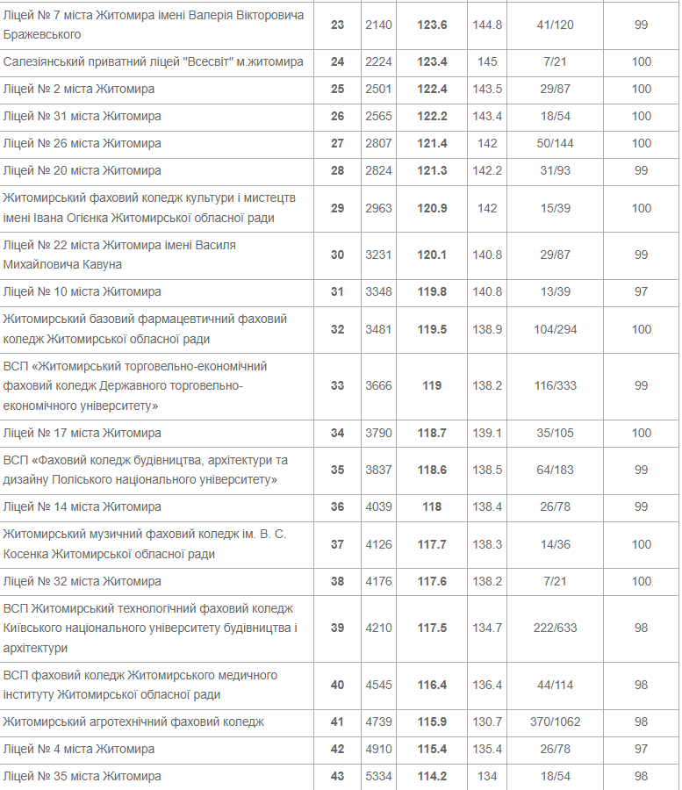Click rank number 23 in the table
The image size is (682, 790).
pyautogui.click(x=337, y=25)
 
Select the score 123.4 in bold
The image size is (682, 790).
pyautogui.click(x=432, y=61)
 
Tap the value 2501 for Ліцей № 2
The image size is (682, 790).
pyautogui.click(x=378, y=89)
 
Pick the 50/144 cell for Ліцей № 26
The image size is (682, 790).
pyautogui.click(x=555, y=143)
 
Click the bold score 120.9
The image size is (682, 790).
pyautogui.click(x=432, y=208)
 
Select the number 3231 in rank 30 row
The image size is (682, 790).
pyautogui.click(x=378, y=255)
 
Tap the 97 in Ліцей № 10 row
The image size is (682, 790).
pyautogui.click(x=641, y=291)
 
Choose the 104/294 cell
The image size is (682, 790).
pyautogui.click(x=555, y=329)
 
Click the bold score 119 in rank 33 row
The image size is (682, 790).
pyautogui.click(x=432, y=385)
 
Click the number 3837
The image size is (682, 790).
pyautogui.click(x=378, y=470)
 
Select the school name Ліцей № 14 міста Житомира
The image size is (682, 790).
pyautogui.click(x=83, y=506)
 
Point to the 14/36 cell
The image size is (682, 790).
pyautogui.click(x=555, y=544)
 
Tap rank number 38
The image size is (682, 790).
pyautogui.click(x=337, y=581)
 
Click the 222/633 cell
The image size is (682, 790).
pyautogui.click(x=555, y=628)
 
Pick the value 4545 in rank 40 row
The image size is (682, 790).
pyautogui.click(x=378, y=685)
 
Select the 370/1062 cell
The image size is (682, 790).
pyautogui.click(x=555, y=722)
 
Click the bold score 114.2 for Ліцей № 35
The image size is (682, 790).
pyautogui.click(x=432, y=776)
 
